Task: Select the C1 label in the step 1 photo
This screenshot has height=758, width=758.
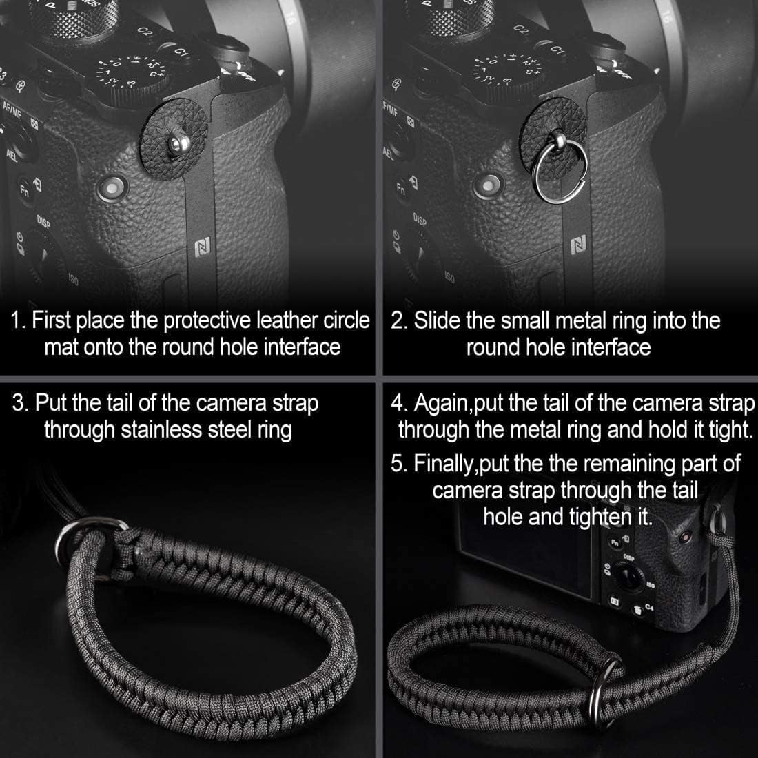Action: pyautogui.click(x=181, y=52)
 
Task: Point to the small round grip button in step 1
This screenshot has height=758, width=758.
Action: pyautogui.click(x=110, y=186)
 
